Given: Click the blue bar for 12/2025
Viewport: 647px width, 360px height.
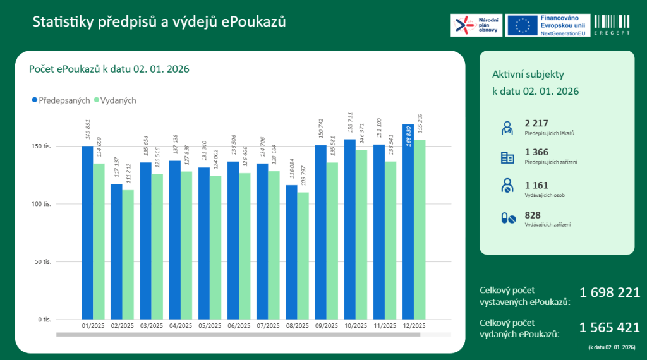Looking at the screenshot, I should click(408, 221).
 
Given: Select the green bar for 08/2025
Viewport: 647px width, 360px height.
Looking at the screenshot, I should click(303, 255).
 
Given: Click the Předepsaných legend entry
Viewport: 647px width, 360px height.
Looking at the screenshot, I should click(61, 100).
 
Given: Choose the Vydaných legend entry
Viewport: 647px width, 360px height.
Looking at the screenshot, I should click(115, 100).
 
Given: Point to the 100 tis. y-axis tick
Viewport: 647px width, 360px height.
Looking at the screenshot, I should click(42, 204).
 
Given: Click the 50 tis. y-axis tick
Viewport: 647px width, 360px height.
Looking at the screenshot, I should click(44, 261).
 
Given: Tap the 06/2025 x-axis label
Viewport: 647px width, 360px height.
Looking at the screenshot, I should click(239, 326).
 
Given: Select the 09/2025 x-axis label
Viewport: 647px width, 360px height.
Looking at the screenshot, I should click(326, 326).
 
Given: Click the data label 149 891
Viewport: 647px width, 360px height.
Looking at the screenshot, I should click(88, 130).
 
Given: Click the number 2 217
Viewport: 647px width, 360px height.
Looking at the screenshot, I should click(536, 123).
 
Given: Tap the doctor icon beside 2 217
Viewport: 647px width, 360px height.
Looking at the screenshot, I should click(507, 127).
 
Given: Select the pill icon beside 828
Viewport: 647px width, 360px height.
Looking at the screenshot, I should click(508, 219).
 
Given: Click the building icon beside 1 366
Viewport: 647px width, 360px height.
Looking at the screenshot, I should click(507, 157).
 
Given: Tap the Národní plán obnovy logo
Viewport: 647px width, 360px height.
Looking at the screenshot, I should click(476, 25).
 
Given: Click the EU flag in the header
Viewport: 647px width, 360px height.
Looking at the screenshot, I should click(522, 25).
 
